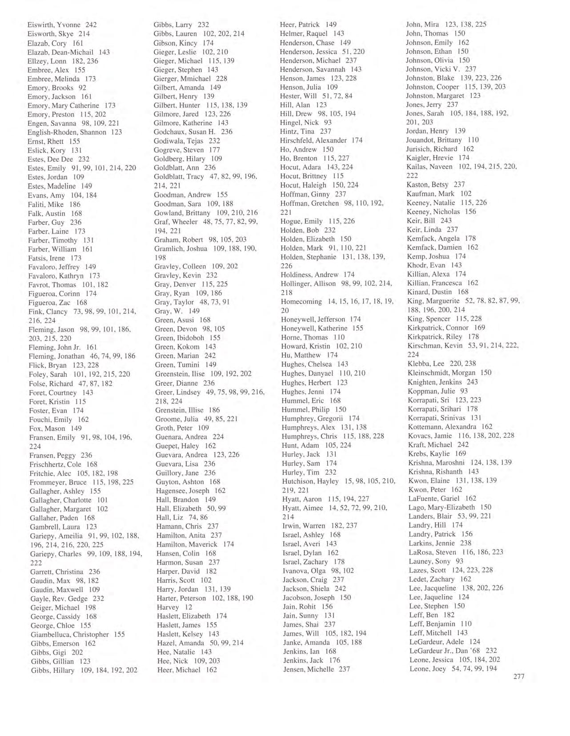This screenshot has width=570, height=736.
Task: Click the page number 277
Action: [518, 677]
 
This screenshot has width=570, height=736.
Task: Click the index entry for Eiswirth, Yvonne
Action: [62, 25]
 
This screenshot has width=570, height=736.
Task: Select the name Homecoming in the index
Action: [301, 302]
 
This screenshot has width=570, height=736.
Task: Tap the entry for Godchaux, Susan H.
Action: [193, 132]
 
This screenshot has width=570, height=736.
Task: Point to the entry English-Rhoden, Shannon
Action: [75, 132]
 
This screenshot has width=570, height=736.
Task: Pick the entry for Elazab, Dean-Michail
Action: [68, 52]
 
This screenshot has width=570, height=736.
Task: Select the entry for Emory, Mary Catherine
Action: [72, 106]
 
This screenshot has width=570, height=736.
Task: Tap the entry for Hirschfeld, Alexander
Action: [321, 140]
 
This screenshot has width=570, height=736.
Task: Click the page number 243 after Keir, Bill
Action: [446, 220]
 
